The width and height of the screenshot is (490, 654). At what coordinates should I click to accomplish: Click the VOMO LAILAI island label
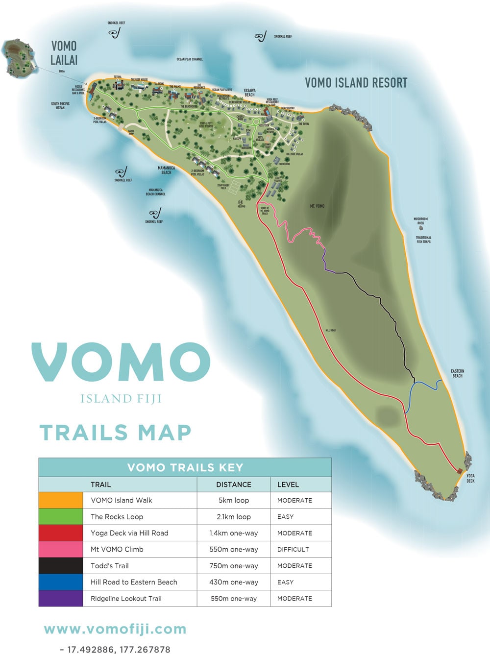click(x=64, y=53)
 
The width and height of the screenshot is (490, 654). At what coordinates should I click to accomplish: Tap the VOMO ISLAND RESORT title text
click(x=356, y=83)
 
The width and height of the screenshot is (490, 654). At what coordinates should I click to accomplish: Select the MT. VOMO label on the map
click(x=317, y=206)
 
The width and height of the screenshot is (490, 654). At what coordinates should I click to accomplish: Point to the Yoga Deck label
click(x=470, y=478)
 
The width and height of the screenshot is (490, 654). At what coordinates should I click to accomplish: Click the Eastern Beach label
click(x=457, y=373)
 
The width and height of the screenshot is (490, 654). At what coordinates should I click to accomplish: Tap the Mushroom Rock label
click(x=420, y=221)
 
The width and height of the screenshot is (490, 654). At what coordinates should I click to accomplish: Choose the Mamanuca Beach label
click(x=167, y=170)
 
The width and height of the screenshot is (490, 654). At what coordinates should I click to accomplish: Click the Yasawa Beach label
click(x=249, y=93)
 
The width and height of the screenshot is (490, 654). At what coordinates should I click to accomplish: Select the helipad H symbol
click(x=241, y=202)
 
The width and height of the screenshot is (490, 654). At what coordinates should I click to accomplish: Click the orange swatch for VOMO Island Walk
click(x=61, y=500)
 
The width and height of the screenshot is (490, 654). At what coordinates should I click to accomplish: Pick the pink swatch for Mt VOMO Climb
click(x=61, y=549)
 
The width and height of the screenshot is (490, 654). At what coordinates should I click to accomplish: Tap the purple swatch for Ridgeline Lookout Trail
click(x=61, y=598)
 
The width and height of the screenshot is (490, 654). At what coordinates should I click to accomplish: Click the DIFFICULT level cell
click(x=293, y=550)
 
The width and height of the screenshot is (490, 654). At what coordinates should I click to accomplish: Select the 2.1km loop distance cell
click(x=234, y=517)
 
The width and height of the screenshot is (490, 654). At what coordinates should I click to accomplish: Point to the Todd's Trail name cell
click(x=110, y=566)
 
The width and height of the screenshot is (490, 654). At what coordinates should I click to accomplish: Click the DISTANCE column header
click(x=234, y=484)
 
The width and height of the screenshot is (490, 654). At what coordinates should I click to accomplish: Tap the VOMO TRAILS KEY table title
click(x=185, y=467)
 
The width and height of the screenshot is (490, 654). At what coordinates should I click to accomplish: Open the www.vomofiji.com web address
click(x=115, y=629)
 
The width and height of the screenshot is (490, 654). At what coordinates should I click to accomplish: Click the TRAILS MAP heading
click(x=115, y=433)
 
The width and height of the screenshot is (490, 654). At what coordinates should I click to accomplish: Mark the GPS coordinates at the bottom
click(x=115, y=650)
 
